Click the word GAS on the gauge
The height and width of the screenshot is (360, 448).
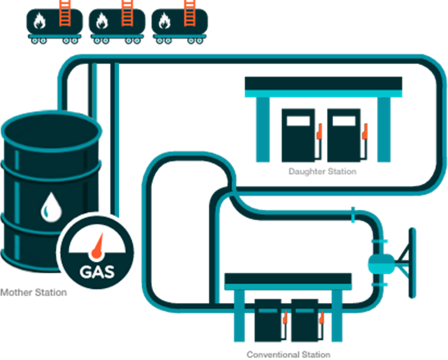tap(97, 272)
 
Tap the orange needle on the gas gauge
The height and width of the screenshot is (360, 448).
tap(99, 246)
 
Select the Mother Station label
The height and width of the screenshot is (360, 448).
tap(34, 292)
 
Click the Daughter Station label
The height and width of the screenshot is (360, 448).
tap(322, 171)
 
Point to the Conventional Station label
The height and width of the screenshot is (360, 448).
tap(288, 354)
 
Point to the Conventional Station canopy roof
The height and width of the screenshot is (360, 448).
tap(288, 280)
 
